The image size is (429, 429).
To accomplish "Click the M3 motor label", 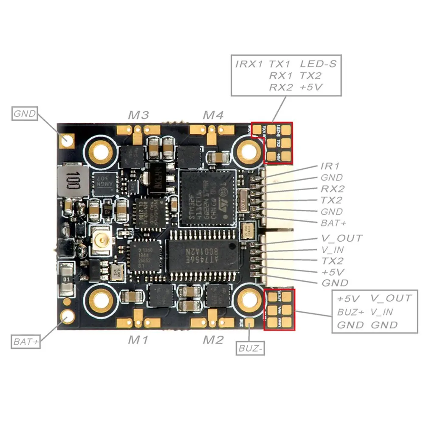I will [138, 115].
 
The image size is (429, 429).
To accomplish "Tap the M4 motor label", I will [213, 115].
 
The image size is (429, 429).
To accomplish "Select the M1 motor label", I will [138, 340].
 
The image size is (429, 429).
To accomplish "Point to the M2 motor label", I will [213, 340].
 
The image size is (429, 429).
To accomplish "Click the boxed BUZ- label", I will [250, 348].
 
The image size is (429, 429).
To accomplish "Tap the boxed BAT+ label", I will [26, 342].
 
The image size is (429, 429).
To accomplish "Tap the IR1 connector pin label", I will [330, 166].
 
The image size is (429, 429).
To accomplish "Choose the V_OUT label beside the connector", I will [342, 238].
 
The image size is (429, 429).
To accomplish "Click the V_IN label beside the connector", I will [333, 250].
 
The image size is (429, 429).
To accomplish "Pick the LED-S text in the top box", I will [318, 64].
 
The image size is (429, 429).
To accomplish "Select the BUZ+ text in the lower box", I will [350, 312].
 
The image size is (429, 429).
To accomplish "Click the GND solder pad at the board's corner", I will [67, 140].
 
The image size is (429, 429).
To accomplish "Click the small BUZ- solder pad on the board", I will [250, 324].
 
